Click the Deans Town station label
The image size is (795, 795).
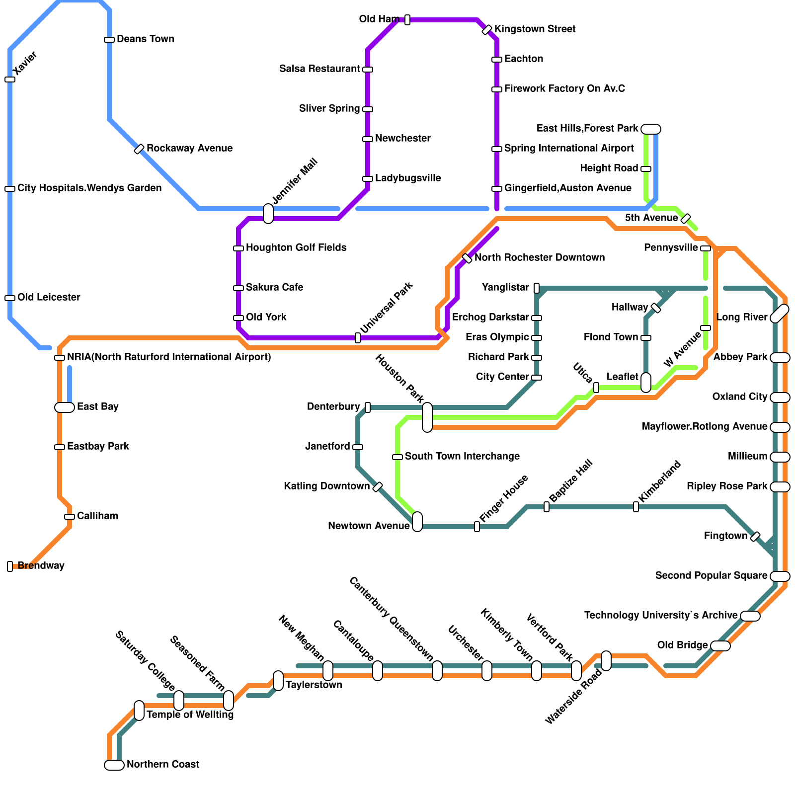click(145, 39)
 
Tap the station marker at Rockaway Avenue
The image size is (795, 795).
click(139, 149)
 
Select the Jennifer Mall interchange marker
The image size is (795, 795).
click(268, 214)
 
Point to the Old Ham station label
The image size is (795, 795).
click(379, 19)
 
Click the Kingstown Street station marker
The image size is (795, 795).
click(487, 30)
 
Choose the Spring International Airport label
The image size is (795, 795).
click(569, 148)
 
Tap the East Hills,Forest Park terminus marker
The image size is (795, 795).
click(651, 129)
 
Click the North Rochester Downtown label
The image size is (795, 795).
click(540, 257)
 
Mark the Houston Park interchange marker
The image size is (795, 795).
click(427, 417)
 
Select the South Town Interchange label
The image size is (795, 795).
click(462, 456)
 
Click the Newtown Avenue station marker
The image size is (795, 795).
click(417, 522)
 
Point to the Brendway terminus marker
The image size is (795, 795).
click(10, 566)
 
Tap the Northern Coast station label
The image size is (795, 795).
click(162, 764)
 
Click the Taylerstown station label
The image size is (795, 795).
click(314, 685)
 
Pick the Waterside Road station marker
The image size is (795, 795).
click(606, 661)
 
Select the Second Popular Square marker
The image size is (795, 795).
click(780, 576)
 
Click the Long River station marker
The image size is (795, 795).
click(780, 314)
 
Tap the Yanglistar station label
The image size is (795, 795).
click(505, 287)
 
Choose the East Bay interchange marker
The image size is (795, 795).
click(65, 407)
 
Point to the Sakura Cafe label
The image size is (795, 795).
click(274, 287)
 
